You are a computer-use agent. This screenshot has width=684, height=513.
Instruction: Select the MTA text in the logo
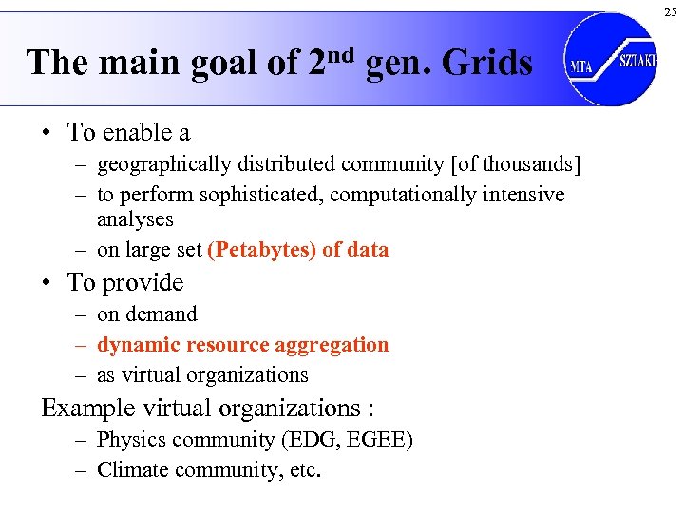click(581, 67)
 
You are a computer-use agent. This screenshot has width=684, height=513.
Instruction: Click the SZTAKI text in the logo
click(637, 60)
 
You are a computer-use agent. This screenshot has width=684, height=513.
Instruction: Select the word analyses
click(135, 218)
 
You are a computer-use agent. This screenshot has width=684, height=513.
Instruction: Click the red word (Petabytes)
click(262, 250)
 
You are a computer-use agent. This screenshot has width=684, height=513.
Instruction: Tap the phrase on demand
click(147, 313)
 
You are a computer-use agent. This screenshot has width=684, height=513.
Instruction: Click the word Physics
click(131, 440)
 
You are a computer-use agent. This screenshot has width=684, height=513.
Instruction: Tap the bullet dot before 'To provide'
click(47, 283)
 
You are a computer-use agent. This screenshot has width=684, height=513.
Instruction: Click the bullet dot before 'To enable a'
click(47, 132)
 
